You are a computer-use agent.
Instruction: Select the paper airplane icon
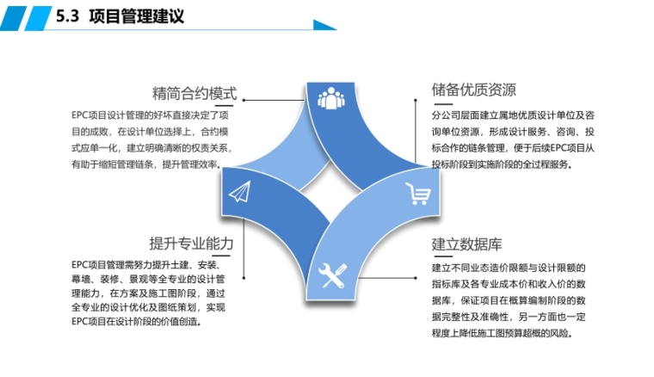(x=238, y=191)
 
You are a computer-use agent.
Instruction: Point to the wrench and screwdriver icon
(x=333, y=275)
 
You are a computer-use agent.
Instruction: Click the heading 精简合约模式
(x=194, y=92)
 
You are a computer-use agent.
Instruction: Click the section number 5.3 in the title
(x=65, y=16)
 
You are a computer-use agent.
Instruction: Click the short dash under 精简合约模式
(x=226, y=108)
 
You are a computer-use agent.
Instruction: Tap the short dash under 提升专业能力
(x=225, y=257)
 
